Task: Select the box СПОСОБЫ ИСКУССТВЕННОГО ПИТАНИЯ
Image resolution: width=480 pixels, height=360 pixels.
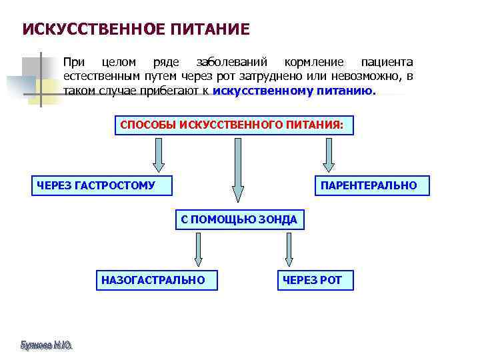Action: pos(233,125)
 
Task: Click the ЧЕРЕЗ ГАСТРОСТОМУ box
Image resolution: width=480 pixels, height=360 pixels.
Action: pos(101,185)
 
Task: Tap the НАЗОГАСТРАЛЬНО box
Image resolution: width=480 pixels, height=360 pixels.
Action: pos(157,280)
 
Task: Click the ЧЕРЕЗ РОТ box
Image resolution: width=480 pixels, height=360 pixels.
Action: pos(315,280)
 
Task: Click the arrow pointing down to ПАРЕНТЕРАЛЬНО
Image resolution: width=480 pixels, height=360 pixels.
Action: pos(328,154)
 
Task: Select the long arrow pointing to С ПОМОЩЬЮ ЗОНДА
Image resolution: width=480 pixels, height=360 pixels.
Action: pos(237,171)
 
